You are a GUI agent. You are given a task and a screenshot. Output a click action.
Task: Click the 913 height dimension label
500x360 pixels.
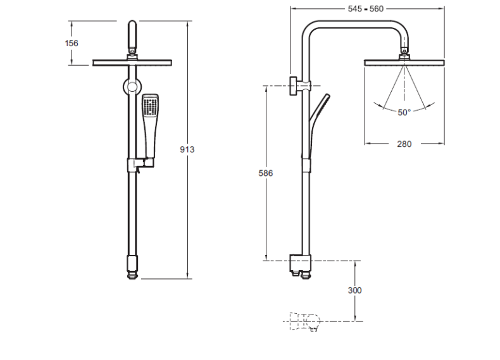[187, 149]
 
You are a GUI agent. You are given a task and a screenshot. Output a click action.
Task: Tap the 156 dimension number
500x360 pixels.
[72, 43]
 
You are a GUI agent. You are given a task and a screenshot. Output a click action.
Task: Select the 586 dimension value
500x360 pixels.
[266, 173]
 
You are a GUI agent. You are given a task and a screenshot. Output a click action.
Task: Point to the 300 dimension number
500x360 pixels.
[354, 290]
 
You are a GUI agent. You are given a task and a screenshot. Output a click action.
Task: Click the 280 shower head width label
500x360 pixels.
[404, 144]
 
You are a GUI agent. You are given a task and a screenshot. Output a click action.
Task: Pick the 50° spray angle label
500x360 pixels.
[404, 112]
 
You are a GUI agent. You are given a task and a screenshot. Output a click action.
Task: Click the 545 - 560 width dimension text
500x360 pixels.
[365, 9]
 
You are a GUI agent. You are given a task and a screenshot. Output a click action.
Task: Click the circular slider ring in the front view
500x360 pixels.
[132, 87]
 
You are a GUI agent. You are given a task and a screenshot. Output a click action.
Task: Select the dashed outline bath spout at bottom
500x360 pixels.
[305, 322]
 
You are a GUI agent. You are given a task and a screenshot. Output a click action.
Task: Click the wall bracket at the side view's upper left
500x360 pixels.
[299, 86]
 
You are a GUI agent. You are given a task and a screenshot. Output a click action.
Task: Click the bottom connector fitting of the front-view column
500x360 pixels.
[132, 266]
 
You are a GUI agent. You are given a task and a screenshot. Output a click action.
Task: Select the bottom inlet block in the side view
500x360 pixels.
[300, 266]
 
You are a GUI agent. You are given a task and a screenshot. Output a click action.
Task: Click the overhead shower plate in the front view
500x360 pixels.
[132, 63]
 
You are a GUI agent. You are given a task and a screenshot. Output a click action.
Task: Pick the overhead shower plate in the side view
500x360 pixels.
[404, 63]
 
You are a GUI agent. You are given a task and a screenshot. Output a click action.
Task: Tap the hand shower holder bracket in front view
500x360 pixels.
[141, 163]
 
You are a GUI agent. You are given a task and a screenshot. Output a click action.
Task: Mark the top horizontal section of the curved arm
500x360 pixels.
[354, 24]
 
